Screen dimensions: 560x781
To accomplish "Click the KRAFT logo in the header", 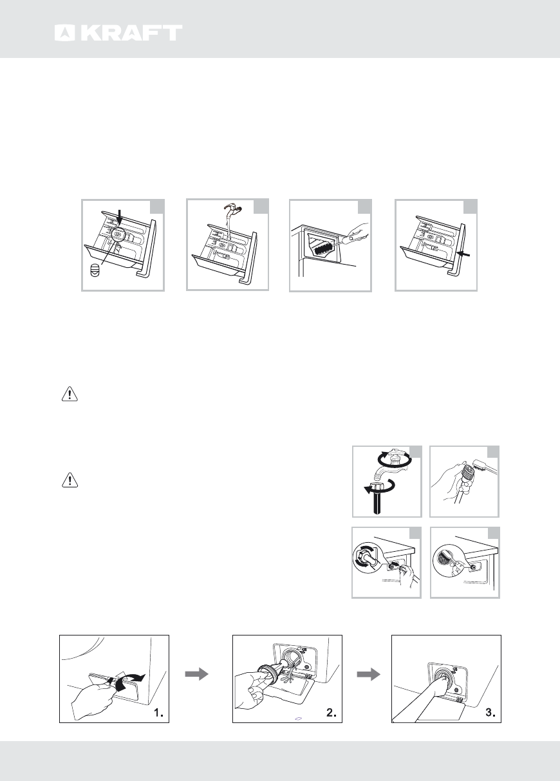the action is (x=118, y=33).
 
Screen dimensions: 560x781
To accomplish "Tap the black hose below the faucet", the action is (x=375, y=503).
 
